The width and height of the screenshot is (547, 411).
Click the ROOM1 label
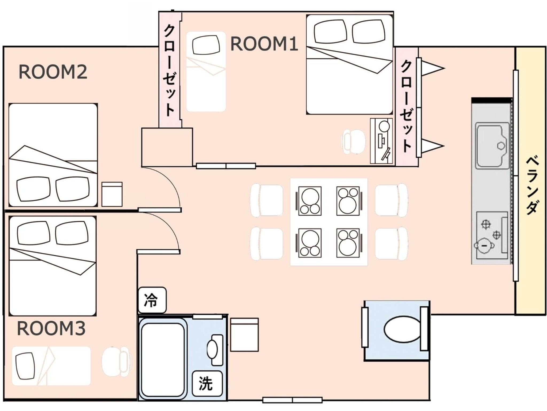(x=264, y=44)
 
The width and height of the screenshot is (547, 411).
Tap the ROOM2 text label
(x=53, y=72)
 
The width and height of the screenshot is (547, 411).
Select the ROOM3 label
(x=51, y=329)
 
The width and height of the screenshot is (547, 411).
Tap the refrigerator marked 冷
(x=152, y=300)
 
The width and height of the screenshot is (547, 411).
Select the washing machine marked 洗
(x=207, y=383)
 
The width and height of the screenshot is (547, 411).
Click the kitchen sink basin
(x=492, y=146)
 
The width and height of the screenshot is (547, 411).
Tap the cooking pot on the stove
(x=484, y=245)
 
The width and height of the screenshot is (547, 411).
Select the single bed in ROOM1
(x=206, y=71)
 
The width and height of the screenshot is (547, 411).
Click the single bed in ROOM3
(x=51, y=366)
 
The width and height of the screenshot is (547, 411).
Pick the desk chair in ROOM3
(x=116, y=362)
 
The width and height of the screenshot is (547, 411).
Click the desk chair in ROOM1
(x=353, y=142)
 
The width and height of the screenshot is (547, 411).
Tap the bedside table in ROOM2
(x=112, y=194)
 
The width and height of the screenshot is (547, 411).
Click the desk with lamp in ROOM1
(x=381, y=141)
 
